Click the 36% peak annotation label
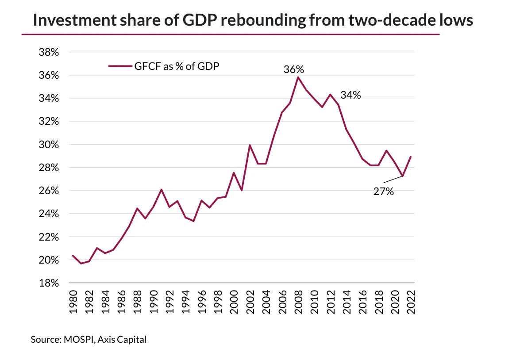294,69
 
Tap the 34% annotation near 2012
350,95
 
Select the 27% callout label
383,191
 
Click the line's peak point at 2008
298,77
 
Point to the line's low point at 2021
403,176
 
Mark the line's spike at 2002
250,145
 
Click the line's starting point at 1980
73,256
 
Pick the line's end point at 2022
411,157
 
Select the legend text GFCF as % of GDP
177,66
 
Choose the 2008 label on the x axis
298,303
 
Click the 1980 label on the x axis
73,303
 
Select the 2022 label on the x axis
411,303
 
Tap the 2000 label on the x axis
234,303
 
